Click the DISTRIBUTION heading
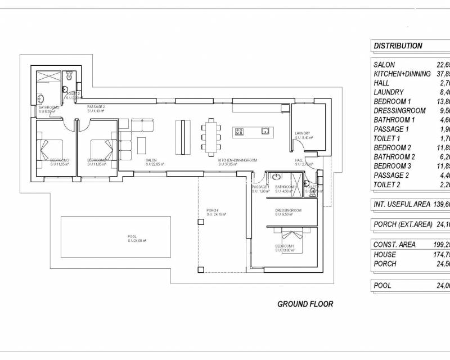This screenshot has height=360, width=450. point(398,46)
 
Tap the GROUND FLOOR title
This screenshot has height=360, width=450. point(305,304)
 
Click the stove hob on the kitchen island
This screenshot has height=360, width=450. point(238,132)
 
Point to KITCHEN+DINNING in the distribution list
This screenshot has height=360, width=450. point(402,74)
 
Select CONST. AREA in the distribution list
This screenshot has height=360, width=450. point(395,245)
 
